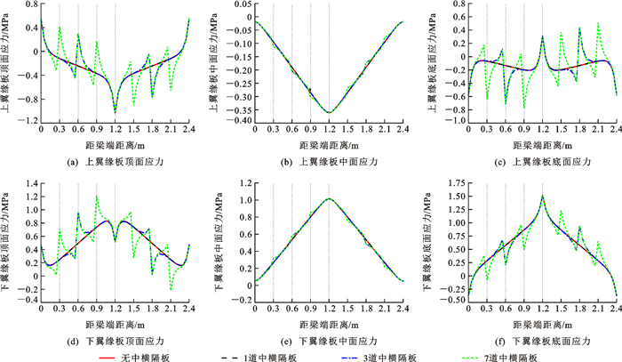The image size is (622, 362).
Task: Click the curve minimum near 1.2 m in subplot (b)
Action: tap(329, 113)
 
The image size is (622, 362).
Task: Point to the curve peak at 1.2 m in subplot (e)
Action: tap(329, 198)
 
